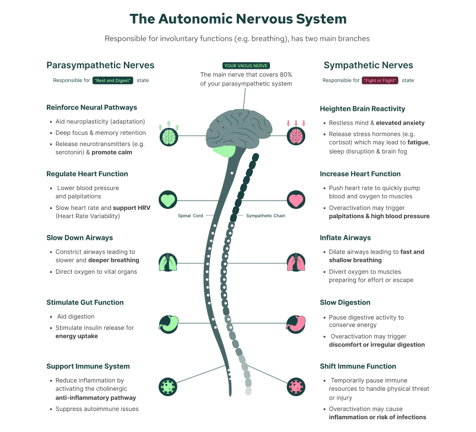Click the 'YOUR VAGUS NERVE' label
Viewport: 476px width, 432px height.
tap(246, 66)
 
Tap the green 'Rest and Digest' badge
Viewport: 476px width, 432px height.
tap(112, 81)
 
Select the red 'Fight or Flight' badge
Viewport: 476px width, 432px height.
tap(380, 81)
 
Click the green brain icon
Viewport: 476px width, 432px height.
tap(169, 136)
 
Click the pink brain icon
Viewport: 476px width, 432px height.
tap(296, 136)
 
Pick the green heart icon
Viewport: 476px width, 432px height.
tap(168, 200)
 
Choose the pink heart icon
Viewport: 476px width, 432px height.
tap(296, 200)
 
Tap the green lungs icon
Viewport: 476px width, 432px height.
tap(169, 262)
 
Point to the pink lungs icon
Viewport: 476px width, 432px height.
tap(296, 262)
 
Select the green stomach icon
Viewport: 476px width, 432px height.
tap(169, 323)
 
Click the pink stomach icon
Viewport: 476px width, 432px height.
tap(296, 323)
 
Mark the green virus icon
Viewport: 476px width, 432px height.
tap(167, 386)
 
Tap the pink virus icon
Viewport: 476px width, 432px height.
tap(296, 386)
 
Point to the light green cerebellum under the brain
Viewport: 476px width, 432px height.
tap(224, 152)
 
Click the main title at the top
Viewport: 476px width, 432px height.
tap(239, 19)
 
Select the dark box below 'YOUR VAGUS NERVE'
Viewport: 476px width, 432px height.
tap(246, 79)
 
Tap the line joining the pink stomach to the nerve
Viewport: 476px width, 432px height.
tap(259, 323)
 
